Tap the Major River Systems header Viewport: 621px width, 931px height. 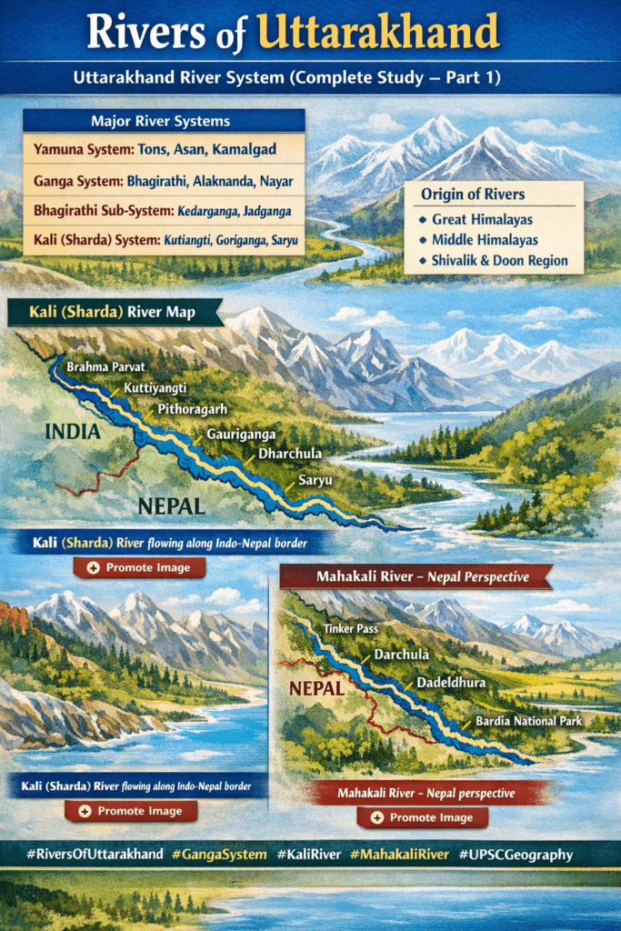click(x=160, y=121)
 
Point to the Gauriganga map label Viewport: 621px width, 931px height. click(x=240, y=435)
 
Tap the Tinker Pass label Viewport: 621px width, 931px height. click(x=351, y=628)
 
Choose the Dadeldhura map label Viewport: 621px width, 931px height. click(x=451, y=682)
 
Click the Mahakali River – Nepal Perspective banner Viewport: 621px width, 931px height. click(x=422, y=576)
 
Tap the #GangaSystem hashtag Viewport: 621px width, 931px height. click(x=222, y=855)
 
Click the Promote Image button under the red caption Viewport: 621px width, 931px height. click(x=422, y=817)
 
